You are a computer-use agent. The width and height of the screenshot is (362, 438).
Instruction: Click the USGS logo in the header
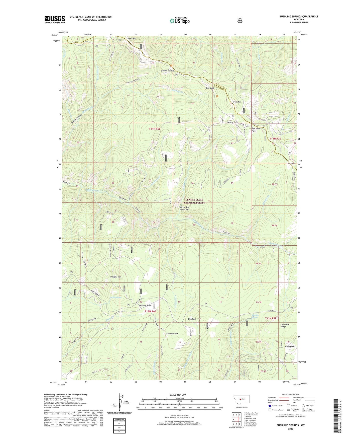coord(55,19)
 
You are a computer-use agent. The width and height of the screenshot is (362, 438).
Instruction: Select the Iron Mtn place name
coord(236,102)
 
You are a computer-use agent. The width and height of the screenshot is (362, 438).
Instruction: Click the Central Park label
coord(232,122)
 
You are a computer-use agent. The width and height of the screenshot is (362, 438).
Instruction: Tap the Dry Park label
coord(291,164)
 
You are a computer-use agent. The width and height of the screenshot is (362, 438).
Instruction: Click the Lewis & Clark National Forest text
coord(194,201)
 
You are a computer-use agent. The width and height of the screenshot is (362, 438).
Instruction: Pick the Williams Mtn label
coord(115,277)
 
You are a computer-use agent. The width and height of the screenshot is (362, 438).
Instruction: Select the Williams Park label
coord(145,305)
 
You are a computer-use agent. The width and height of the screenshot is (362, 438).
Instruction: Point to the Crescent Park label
coord(172,334)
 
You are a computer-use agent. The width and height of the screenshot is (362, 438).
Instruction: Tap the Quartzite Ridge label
coord(285,326)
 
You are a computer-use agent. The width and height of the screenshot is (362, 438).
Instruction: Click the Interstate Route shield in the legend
coord(270,406)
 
